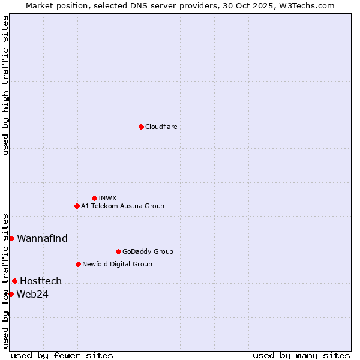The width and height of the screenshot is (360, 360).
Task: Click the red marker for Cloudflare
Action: (x=141, y=127)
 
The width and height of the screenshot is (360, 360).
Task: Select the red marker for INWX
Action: (x=94, y=198)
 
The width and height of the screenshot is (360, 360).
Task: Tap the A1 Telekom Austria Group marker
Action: (x=77, y=206)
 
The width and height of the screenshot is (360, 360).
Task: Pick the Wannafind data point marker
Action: (x=11, y=238)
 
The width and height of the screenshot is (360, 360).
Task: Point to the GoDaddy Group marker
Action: (x=118, y=251)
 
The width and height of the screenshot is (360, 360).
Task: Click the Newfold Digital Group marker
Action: (x=78, y=264)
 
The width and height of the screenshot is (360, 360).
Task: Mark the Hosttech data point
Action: (x=14, y=281)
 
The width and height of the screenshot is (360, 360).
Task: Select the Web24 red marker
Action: (x=11, y=294)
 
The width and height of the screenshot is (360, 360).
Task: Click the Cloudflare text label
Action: (x=161, y=127)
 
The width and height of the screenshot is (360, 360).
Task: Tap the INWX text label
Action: (x=107, y=198)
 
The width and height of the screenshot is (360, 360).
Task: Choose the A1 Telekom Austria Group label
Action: (x=122, y=206)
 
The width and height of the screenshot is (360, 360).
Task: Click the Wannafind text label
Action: (x=42, y=238)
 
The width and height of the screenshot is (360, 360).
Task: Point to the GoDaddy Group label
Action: (x=148, y=251)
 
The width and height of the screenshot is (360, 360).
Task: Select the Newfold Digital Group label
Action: (x=117, y=264)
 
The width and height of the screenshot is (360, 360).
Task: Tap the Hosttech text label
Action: (x=41, y=281)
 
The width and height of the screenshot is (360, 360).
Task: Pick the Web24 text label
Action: (x=32, y=294)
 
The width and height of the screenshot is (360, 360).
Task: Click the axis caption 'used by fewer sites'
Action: (x=62, y=355)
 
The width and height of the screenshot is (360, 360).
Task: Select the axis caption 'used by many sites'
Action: (x=301, y=355)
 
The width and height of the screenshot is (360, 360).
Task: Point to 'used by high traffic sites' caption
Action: (x=5, y=85)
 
